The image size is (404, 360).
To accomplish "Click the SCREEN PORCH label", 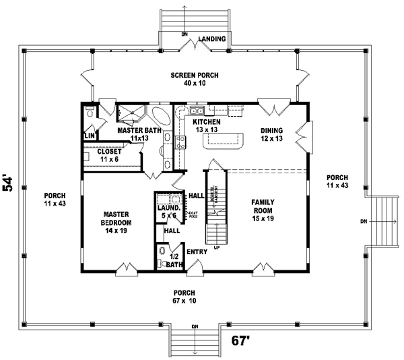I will (195, 76).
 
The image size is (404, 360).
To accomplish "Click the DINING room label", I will (272, 130).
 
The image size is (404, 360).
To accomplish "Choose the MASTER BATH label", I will (139, 130).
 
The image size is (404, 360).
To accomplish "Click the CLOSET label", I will (109, 152).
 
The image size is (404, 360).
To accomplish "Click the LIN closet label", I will (89, 136).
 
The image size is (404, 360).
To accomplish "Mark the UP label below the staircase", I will (216, 247).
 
